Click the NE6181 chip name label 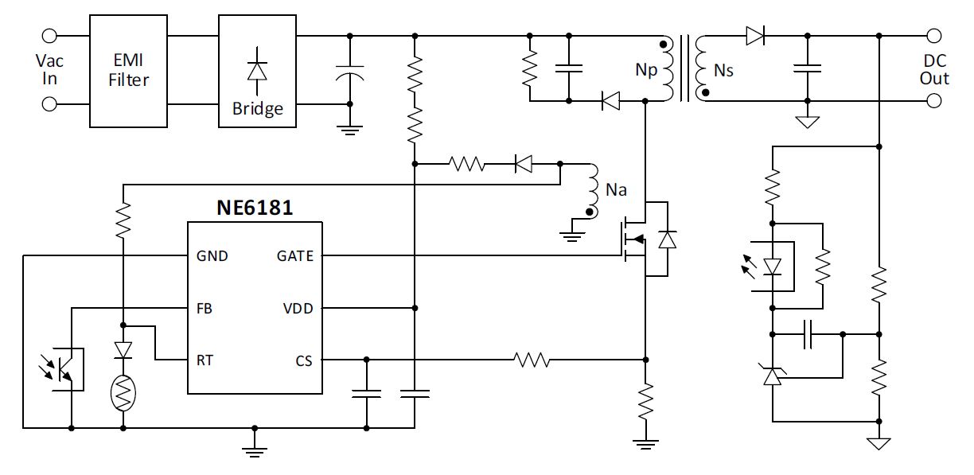click(x=255, y=208)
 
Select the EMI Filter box click(x=128, y=71)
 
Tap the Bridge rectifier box click(x=257, y=71)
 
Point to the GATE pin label click(x=294, y=256)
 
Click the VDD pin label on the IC click(x=298, y=308)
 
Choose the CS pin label click(x=303, y=360)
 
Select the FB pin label click(x=205, y=308)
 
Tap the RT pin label click(x=205, y=360)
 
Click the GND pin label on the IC click(x=211, y=256)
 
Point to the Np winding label click(x=646, y=71)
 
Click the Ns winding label click(x=723, y=71)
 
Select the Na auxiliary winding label click(x=616, y=191)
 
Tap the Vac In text click(x=49, y=70)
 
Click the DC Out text click(x=934, y=70)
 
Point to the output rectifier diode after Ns click(x=754, y=35)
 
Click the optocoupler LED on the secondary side click(x=771, y=267)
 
